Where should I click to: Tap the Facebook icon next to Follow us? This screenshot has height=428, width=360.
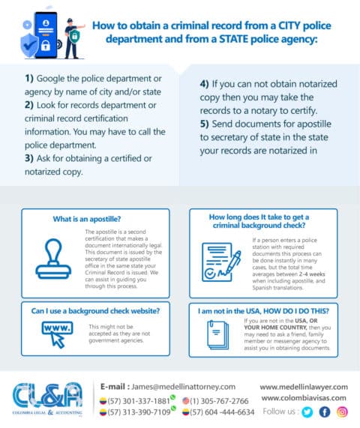click(x=325, y=412)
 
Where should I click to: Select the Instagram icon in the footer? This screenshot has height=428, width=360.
click(x=342, y=412)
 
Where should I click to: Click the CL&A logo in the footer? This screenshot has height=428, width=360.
click(x=46, y=399)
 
